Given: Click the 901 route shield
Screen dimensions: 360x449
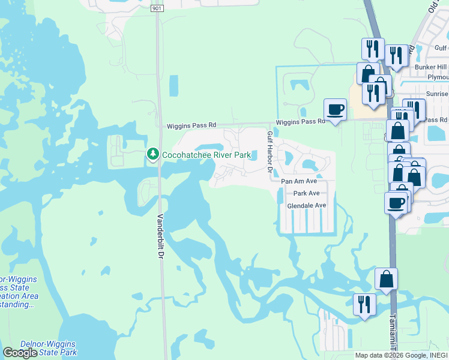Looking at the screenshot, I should point(157,8).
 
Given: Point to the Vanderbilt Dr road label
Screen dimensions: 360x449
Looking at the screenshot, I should point(161,237).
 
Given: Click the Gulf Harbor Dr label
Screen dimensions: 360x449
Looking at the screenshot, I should point(270,154).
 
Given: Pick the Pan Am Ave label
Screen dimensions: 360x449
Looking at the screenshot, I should point(298,181).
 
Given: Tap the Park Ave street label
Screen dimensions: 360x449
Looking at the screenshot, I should point(306,193).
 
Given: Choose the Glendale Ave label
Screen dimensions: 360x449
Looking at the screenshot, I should point(306,205).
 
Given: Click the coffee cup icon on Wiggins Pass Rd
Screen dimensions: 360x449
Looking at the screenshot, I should point(335,109).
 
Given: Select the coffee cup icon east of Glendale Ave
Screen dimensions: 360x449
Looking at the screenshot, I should point(396,202).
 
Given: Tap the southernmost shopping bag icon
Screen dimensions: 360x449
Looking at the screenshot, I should point(386,278).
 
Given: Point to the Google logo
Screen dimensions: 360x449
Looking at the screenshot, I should point(20,353).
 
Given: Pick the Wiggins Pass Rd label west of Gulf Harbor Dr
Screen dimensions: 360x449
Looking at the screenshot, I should point(191,125).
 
